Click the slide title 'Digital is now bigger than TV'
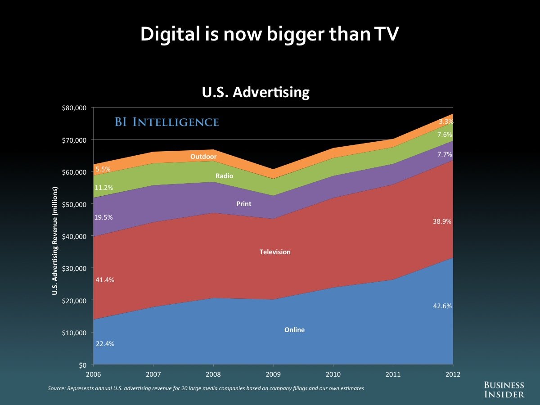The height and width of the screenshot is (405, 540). click(270, 35)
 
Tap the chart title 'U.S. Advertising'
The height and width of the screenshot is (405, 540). click(255, 92)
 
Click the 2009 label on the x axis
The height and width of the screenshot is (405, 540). click(273, 374)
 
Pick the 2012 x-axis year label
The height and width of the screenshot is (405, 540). click(453, 374)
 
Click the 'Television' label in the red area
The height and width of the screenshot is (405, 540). click(275, 252)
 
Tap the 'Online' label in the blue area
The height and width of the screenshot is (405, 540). click(294, 330)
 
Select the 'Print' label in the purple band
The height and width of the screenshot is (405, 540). click(244, 204)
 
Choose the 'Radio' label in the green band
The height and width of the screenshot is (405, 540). click(224, 176)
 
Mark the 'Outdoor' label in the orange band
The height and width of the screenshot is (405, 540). click(203, 157)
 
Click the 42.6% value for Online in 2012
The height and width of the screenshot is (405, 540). click(443, 306)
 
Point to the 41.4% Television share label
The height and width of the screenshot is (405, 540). click(104, 280)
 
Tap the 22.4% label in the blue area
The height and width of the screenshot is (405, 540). click(104, 344)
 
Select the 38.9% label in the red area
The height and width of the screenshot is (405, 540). click(443, 221)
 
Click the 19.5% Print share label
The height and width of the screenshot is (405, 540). click(103, 217)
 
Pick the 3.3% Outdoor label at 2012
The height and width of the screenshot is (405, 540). click(446, 121)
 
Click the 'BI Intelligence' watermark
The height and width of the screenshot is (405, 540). click(167, 122)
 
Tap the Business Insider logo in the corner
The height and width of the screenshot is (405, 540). click(504, 389)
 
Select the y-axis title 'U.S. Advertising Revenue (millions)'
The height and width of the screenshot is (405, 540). click(54, 247)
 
